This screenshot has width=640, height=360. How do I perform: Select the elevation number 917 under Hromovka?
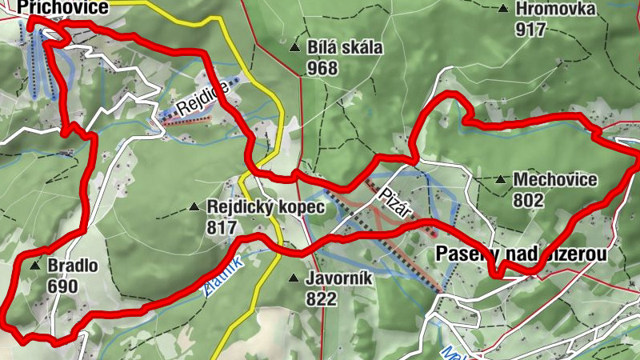(x=530, y=30)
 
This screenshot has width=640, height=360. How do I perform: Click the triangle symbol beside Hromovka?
(x=503, y=10)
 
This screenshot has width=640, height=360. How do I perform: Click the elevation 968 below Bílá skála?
(x=322, y=68)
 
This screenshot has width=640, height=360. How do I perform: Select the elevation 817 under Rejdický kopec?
(x=222, y=228)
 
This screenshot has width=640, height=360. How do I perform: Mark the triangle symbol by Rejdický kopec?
(x=194, y=207)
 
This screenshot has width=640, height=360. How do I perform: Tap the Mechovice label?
(x=555, y=179)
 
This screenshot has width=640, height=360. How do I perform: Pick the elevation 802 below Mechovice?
(x=530, y=200)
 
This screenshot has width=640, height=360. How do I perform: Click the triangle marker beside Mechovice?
(x=501, y=179)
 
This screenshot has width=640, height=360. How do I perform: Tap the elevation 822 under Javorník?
(x=322, y=300)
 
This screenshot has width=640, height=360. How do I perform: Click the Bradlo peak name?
(x=73, y=266)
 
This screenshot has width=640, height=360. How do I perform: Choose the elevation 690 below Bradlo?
(x=62, y=286)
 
